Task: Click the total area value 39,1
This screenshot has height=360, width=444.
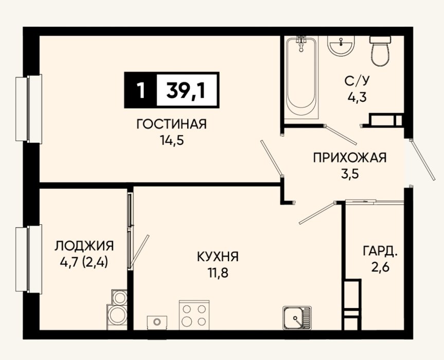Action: tap(186, 91)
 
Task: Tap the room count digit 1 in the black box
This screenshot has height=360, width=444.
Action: tap(140, 91)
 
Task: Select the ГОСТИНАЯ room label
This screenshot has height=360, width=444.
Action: tap(172, 124)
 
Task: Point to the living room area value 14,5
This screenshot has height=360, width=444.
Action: tap(172, 140)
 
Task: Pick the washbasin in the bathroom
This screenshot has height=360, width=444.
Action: tap(341, 45)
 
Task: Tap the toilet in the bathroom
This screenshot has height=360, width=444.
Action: tap(380, 51)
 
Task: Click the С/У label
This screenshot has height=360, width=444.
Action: tap(357, 81)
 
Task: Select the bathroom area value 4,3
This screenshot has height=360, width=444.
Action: tap(357, 98)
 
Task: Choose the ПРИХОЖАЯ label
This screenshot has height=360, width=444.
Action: tap(350, 158)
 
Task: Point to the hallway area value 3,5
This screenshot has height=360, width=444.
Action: tap(350, 174)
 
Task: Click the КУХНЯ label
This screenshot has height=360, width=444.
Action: tap(218, 257)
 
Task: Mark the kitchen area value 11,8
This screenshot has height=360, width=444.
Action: tap(218, 274)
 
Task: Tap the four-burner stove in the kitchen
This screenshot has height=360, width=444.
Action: tap(194, 315)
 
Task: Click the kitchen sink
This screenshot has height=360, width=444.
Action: tap(297, 318)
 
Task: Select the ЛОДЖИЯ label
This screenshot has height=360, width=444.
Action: tap(84, 246)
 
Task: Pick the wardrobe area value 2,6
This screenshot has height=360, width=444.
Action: tap(380, 267)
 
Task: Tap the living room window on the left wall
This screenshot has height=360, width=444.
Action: tap(29, 109)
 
